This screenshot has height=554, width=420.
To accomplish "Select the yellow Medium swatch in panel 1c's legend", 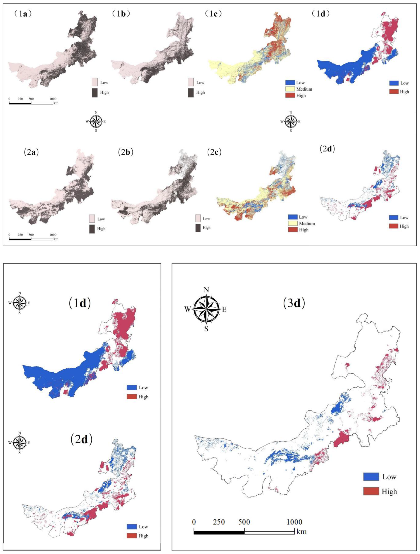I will (290, 89).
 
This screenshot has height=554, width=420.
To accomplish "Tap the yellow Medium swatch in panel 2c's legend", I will (293, 223).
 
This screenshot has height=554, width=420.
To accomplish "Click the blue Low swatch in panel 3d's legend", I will (371, 477).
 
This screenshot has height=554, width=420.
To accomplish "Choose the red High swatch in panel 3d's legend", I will (371, 491).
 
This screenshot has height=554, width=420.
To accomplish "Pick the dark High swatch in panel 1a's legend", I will (95, 92).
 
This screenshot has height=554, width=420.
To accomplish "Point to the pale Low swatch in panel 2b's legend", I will (198, 218).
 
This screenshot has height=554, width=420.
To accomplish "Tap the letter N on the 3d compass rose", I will (206, 290).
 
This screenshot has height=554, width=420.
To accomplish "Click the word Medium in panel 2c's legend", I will (307, 223).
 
